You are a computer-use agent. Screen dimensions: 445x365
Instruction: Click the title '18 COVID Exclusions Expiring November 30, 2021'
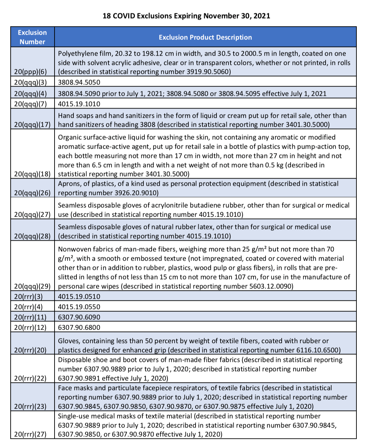186,16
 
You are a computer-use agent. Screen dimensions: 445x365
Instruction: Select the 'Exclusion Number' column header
32,37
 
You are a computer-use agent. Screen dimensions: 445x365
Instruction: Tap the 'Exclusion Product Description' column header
205,37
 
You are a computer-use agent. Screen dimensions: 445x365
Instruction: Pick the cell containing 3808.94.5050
79,82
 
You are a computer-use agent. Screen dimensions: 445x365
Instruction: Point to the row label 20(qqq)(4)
31,93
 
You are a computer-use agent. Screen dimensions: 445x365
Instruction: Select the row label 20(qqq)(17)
32,124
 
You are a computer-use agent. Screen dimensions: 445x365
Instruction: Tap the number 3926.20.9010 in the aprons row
136,193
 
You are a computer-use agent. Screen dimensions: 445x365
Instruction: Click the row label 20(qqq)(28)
32,236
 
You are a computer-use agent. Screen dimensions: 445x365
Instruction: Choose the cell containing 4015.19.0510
79,297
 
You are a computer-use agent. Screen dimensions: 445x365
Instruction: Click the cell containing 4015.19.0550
79,307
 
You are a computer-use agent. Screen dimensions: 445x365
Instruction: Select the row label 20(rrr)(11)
30,317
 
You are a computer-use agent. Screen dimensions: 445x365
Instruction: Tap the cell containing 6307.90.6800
79,328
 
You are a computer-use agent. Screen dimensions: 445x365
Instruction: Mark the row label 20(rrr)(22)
30,378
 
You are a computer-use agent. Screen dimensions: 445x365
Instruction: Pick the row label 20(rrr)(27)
30,434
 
